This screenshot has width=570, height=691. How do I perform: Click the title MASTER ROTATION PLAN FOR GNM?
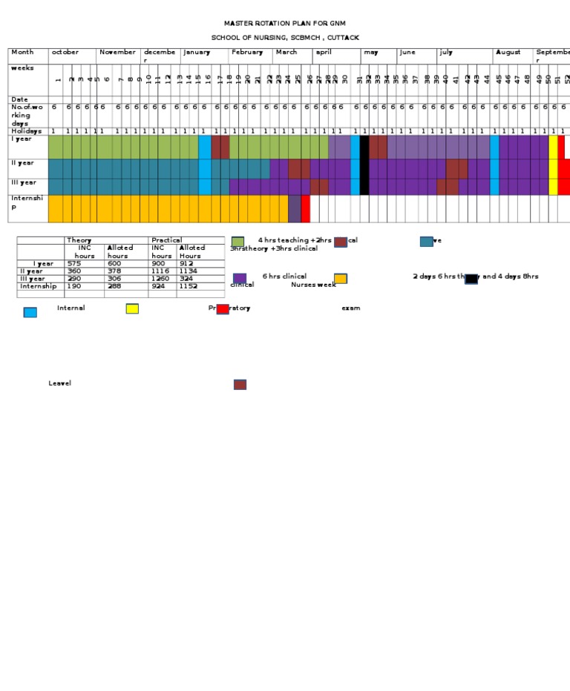click(x=285, y=24)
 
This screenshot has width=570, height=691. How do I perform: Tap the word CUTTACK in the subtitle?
click(x=342, y=37)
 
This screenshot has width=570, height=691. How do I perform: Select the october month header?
click(x=65, y=53)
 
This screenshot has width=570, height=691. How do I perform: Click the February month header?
click(x=247, y=53)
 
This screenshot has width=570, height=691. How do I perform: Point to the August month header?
click(x=508, y=53)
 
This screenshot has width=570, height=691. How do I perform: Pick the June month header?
click(x=407, y=53)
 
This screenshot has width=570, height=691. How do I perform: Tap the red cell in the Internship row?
click(x=306, y=209)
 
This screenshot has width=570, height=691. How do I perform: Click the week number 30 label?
click(x=345, y=79)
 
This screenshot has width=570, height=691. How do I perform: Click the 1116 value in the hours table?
click(x=161, y=271)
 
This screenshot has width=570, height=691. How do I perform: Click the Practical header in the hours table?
click(x=167, y=240)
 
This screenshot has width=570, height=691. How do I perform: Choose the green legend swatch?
click(x=237, y=242)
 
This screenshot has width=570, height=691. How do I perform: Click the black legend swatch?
click(x=471, y=279)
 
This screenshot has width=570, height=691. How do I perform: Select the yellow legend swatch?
click(x=132, y=308)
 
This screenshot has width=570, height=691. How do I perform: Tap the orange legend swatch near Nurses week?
click(x=340, y=279)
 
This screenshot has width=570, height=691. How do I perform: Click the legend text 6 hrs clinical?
click(x=284, y=277)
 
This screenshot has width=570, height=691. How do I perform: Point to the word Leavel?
click(x=60, y=383)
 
